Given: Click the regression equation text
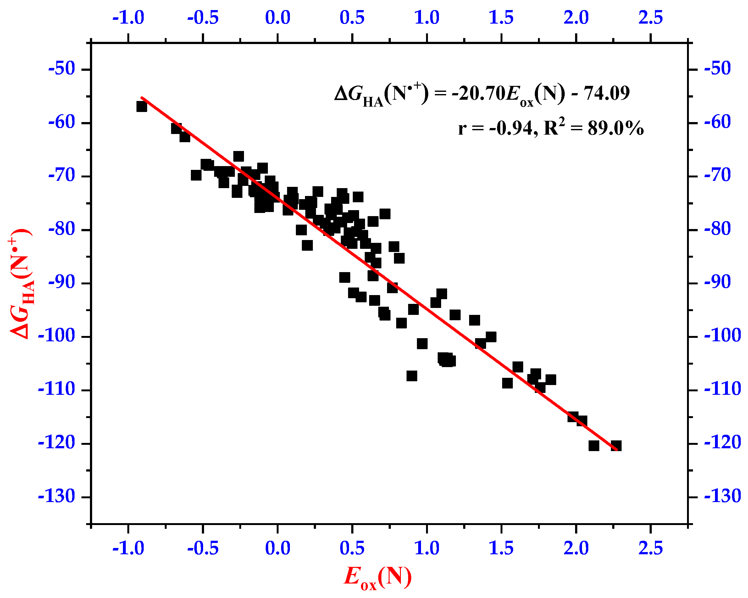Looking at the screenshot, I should (x=482, y=94).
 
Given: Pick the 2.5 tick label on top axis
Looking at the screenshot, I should (x=651, y=17).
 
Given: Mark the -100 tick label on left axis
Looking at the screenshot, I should (x=56, y=336).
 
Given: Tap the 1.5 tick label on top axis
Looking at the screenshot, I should (x=501, y=17).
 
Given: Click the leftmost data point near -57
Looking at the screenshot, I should (x=141, y=107).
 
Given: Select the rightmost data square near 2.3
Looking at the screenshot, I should (x=616, y=446).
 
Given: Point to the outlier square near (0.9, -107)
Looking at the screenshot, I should (x=412, y=376).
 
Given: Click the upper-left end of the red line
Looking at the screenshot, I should (x=142, y=98).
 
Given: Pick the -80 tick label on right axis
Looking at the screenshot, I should (x=718, y=229).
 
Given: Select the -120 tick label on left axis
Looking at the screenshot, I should (x=56, y=443).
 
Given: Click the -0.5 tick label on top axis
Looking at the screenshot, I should (x=203, y=17).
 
